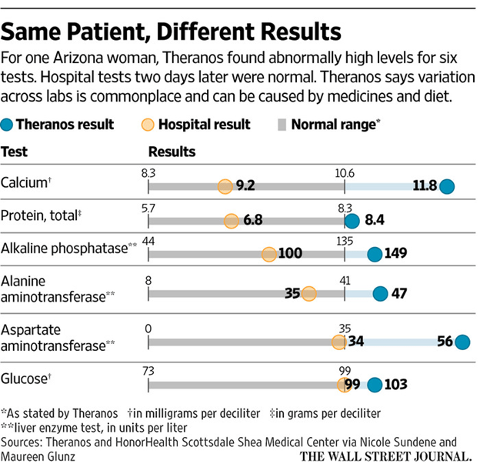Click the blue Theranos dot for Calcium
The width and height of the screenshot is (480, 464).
pos(446,186)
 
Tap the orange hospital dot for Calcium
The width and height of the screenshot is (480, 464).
pos(225,186)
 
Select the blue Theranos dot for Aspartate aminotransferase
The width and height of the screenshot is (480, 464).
pos(462,342)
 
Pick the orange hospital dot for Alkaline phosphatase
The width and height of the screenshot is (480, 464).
pos(268,254)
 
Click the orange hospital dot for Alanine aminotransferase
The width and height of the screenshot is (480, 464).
pos(308,292)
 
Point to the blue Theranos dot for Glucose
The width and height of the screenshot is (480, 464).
pos(375,385)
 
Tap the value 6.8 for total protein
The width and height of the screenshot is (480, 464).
pos(252,221)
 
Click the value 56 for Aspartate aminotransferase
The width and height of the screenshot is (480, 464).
pos(444,342)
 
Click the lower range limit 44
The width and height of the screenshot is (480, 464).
pos(148,242)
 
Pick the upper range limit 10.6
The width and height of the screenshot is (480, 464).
pos(345,173)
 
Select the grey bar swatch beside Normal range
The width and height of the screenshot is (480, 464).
pos(279,124)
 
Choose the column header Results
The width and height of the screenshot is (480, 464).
pos(172,152)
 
